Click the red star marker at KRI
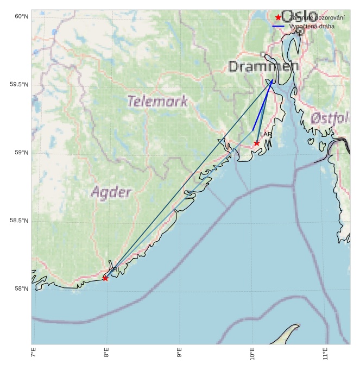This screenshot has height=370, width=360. click(105, 278)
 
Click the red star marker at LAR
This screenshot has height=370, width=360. click(256, 143)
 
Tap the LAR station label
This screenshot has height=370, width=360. click(266, 134)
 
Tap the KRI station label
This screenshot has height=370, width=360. click(113, 269)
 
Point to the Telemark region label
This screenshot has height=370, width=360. click(157, 101)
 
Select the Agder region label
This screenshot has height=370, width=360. click(111, 192)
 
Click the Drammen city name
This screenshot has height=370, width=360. click(263, 67)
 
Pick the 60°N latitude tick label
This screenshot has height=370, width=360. click(21, 17)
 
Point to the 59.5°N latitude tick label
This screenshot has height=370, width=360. click(19, 85)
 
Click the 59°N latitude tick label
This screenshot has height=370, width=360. click(21, 153)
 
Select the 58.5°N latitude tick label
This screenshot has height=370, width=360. click(19, 221)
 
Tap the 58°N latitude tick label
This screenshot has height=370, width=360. click(21, 289)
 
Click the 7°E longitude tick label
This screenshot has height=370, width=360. click(34, 353)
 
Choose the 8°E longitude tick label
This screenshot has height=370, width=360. click(106, 353)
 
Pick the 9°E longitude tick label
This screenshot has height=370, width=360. click(179, 353)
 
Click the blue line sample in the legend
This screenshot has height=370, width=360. click(279, 26)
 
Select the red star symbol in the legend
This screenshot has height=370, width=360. click(279, 18)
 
